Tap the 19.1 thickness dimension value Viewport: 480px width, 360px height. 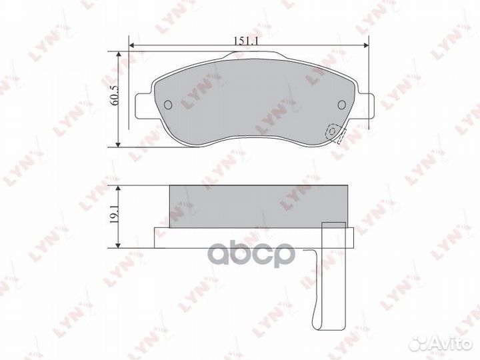tap(114, 208)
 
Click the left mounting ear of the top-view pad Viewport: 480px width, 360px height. tap(143, 106)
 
